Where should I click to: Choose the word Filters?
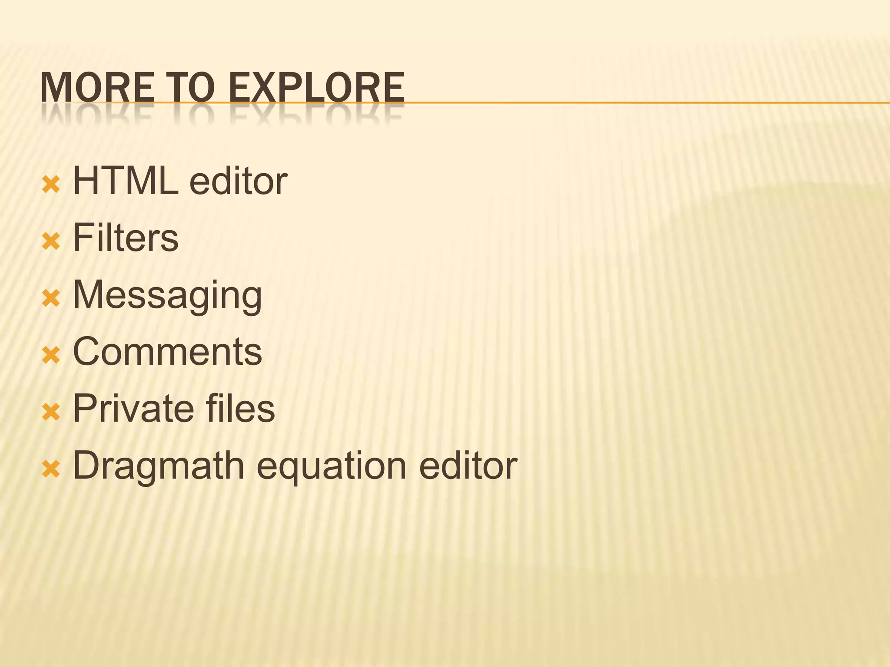coord(126,238)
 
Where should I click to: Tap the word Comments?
coord(167,351)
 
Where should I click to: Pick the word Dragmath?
coord(159,466)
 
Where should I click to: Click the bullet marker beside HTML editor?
coord(51,185)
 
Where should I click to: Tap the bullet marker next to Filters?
coord(51,242)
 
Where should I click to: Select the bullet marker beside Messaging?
coord(51,299)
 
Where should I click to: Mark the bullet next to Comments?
coord(51,356)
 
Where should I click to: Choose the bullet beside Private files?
coord(51,413)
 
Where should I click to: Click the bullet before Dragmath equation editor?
coord(51,469)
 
